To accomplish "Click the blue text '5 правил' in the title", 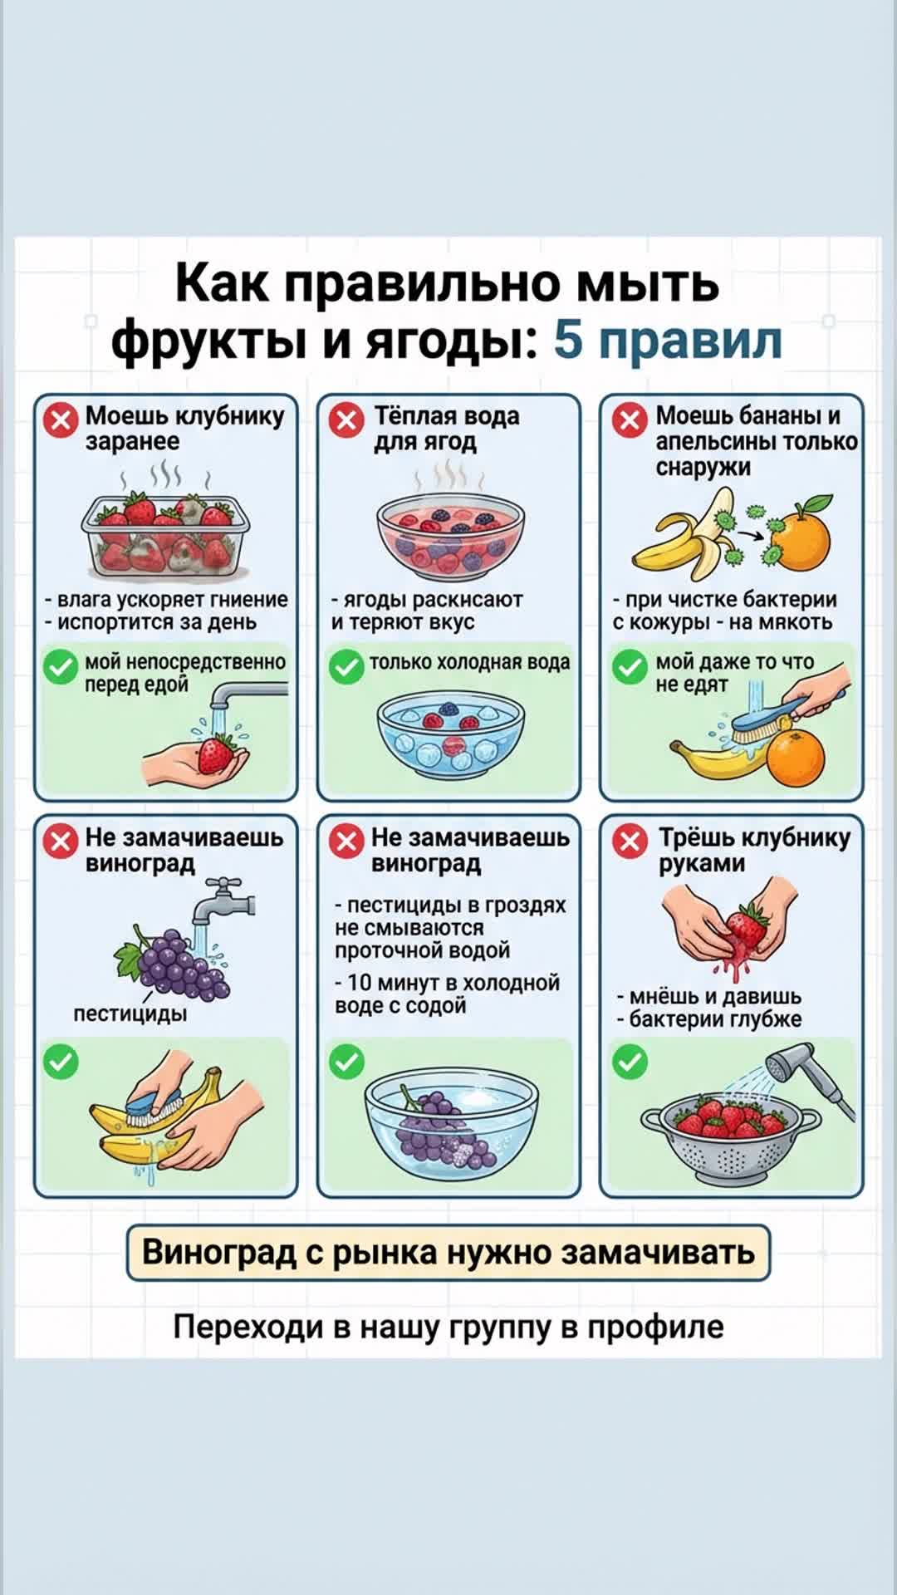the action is click(668, 340).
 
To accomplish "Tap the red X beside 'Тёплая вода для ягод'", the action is click(346, 420).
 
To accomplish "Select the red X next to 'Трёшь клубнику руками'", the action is click(630, 842).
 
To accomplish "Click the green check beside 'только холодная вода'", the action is click(346, 666).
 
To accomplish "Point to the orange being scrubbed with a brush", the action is click(796, 757).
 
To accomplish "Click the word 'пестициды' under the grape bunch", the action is click(130, 1013).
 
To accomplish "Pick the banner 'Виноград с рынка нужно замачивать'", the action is click(448, 1252).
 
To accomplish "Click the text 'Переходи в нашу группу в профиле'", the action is click(448, 1327).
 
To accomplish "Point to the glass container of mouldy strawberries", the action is click(166, 536).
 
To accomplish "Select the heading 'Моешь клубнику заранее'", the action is click(184, 429).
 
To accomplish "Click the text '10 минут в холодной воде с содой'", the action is click(448, 994).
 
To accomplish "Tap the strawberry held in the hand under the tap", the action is click(217, 753).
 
